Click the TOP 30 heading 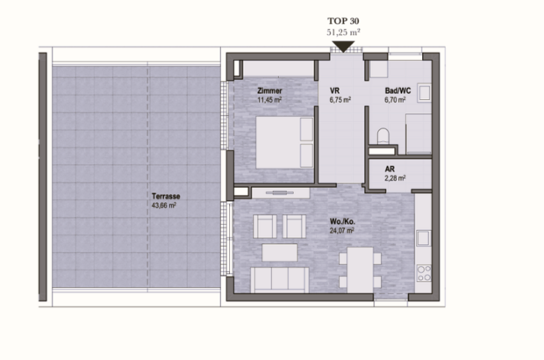coord(342,18)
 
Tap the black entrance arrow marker coord(342,46)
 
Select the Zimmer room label coord(269,90)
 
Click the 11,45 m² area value coord(269,100)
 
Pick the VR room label coord(334,90)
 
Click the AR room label coord(390,169)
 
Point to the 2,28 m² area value coord(394,179)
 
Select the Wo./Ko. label coord(341,221)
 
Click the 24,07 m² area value coord(341,231)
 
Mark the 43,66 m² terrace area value coord(165,206)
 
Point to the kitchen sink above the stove coord(423,237)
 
